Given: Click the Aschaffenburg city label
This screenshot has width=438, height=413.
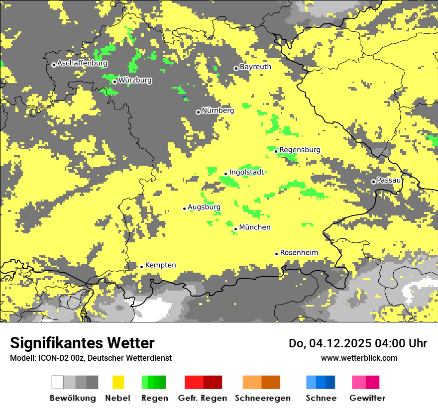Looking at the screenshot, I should click(x=82, y=64).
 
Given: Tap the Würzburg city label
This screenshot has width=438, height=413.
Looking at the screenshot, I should click(x=135, y=80).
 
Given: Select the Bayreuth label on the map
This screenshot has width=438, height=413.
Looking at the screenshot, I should click(x=255, y=67).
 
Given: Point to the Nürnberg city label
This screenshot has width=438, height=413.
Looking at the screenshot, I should click(x=218, y=110).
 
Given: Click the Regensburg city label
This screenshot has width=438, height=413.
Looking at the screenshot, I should click(x=300, y=150).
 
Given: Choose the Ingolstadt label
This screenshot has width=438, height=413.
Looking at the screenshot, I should click(x=246, y=172).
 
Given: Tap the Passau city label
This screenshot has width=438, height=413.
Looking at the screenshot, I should click(x=389, y=180).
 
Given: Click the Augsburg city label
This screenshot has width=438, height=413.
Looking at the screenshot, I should click(x=204, y=207).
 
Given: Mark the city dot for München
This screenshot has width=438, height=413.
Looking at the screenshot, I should click(x=235, y=229).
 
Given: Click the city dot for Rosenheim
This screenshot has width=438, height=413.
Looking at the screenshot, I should click(x=276, y=254).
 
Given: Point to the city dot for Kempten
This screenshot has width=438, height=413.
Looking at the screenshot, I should click(x=141, y=267).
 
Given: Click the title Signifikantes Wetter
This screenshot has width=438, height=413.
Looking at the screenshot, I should click(x=82, y=343).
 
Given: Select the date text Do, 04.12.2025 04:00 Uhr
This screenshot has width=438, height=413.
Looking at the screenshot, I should click(x=357, y=343).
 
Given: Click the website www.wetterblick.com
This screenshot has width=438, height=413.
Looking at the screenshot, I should click(x=359, y=358).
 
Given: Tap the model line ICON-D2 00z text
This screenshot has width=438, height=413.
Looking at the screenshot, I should click(x=91, y=358).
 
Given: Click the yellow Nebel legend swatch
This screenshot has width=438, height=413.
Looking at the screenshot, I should click(x=118, y=382).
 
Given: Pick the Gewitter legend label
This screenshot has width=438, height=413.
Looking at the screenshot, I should click(x=367, y=398).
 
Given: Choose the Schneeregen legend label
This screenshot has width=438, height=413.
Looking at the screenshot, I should click(x=262, y=398).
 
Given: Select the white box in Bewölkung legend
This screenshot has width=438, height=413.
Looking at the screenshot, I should click(x=58, y=382).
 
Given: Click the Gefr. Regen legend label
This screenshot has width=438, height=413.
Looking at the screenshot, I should click(x=203, y=398).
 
